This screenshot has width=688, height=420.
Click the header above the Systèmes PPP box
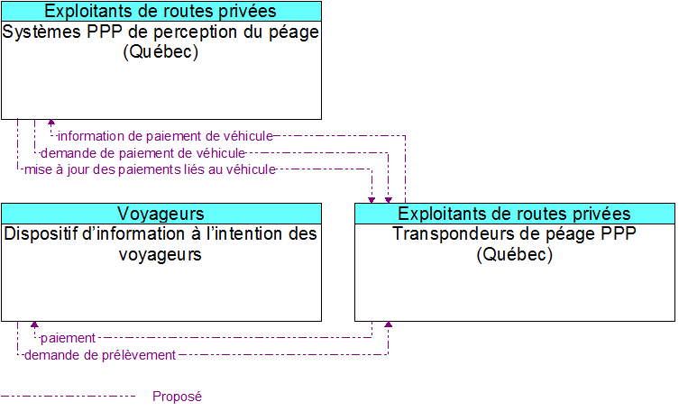pos(161,11)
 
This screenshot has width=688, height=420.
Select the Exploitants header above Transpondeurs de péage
pos(514,214)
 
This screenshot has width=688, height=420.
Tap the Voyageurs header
pos(161,214)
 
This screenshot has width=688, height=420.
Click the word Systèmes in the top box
pos(38,32)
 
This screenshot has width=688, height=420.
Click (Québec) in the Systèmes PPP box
pos(161,51)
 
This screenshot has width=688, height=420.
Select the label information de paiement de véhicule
pos(164,136)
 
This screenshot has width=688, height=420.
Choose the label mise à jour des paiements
pos(149,169)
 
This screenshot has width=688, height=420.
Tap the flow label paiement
pos(68,338)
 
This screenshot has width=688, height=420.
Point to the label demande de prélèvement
pos(100,355)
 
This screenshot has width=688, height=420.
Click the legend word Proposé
pos(177,397)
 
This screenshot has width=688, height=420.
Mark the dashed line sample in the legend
pos(68,397)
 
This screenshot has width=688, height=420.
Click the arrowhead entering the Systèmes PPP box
pos(51,124)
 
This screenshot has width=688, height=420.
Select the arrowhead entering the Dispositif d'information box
pos(34,325)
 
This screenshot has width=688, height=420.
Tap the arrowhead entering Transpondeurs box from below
pos(389,325)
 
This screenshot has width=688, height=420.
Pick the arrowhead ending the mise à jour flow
pos(372,198)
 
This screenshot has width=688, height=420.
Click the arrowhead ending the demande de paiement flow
pos(389,198)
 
